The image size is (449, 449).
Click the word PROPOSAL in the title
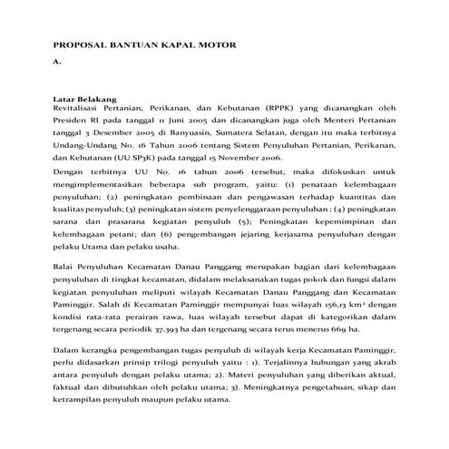(x=79, y=44)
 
